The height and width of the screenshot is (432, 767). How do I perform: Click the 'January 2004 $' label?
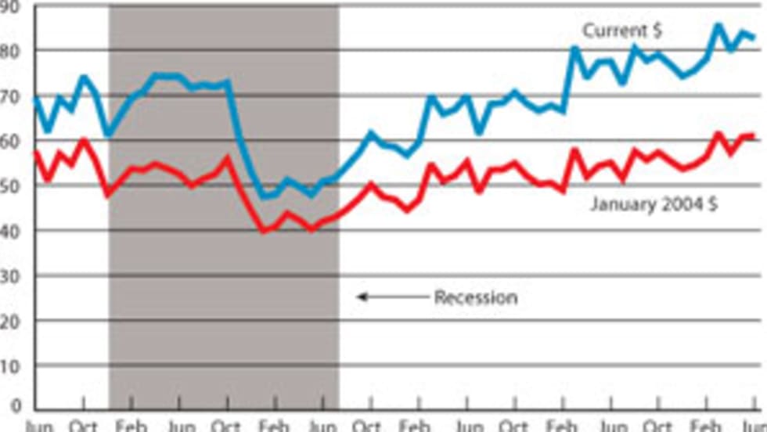click(654, 206)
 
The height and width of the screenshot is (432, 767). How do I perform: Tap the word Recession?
click(476, 297)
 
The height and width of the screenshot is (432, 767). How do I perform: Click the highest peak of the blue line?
click(718, 25)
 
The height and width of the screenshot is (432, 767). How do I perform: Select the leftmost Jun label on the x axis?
click(39, 427)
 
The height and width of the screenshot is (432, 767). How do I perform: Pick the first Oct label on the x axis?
click(85, 427)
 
